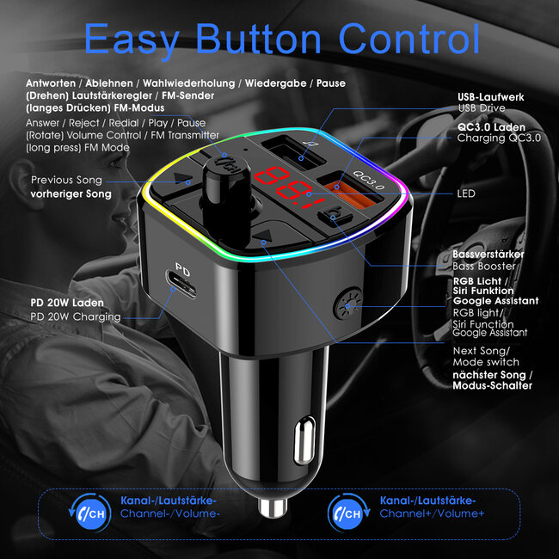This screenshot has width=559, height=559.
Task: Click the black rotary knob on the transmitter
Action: coord(224,176)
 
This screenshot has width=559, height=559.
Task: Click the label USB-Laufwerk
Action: coord(491,97)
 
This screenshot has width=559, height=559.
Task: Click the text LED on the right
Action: coord(466,193)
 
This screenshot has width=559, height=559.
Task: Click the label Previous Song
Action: coord(66,180)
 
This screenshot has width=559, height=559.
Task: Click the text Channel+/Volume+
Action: coord(433,513)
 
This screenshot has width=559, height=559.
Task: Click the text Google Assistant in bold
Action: coord(496,301)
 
